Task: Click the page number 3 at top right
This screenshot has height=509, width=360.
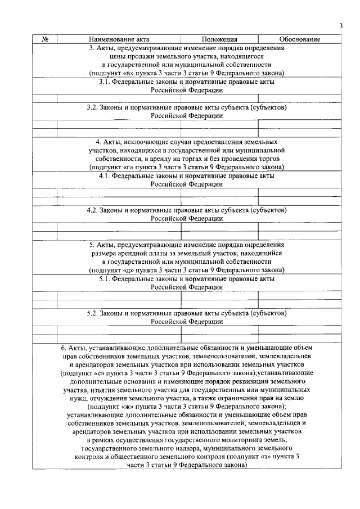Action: (x=341, y=25)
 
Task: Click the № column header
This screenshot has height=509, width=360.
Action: (x=45, y=39)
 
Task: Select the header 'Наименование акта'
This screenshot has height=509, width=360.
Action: (x=119, y=39)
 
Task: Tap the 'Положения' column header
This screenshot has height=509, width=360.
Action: (x=219, y=39)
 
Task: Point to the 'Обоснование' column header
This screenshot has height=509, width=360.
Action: (x=300, y=39)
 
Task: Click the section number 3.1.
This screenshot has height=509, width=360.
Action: (x=105, y=82)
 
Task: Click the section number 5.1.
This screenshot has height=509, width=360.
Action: (x=105, y=278)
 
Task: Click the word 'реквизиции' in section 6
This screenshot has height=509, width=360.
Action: (x=242, y=381)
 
